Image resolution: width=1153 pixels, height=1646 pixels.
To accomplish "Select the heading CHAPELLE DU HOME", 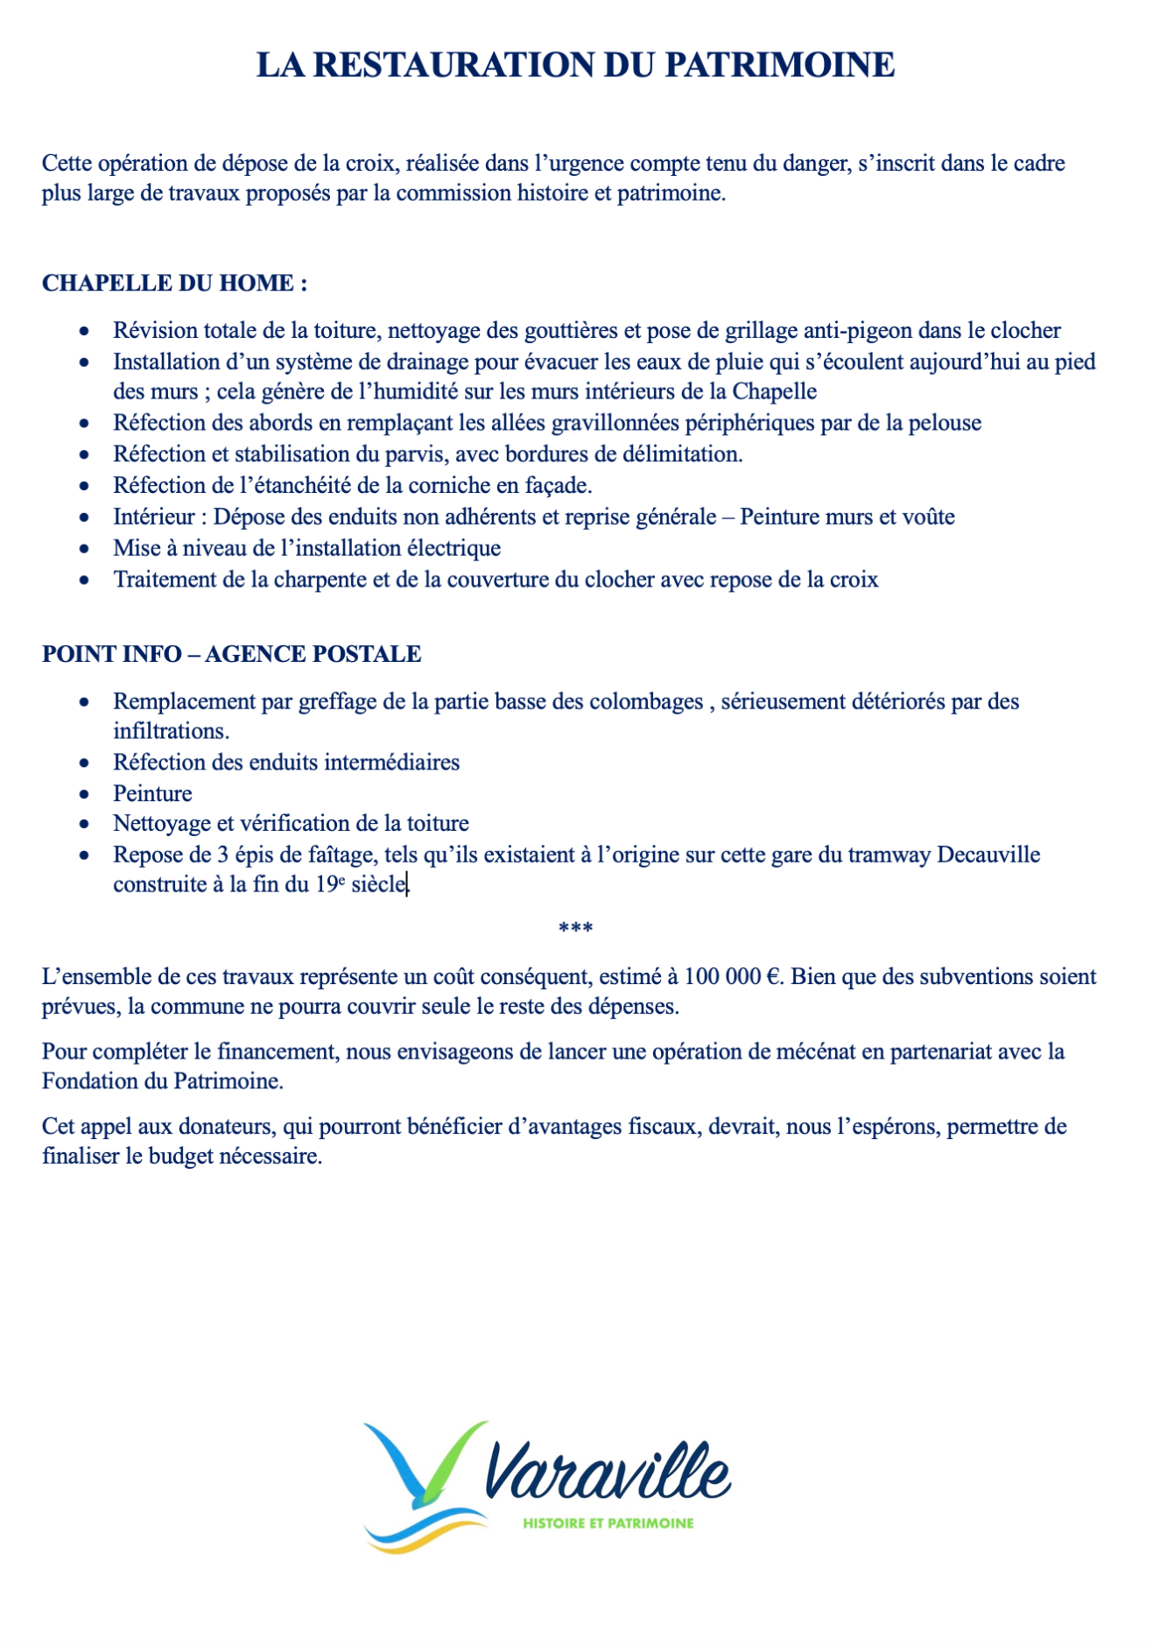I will [x=174, y=283].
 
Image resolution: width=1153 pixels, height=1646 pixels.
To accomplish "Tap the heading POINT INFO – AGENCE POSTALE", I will [x=231, y=654].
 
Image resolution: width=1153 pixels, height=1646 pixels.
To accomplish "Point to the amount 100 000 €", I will [x=731, y=976].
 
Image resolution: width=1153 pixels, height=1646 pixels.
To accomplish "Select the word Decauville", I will [x=988, y=855].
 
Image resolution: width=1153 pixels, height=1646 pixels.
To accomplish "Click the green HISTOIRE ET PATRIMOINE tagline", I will [x=608, y=1523].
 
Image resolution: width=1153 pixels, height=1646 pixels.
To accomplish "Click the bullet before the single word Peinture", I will [x=84, y=794].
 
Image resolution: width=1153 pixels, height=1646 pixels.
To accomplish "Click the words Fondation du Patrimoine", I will [x=162, y=1081].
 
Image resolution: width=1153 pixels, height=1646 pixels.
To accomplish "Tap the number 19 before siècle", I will [x=327, y=884].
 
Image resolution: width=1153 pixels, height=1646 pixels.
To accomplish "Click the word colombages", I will [x=646, y=701].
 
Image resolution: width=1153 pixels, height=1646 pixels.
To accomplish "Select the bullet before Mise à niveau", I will [x=84, y=549].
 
